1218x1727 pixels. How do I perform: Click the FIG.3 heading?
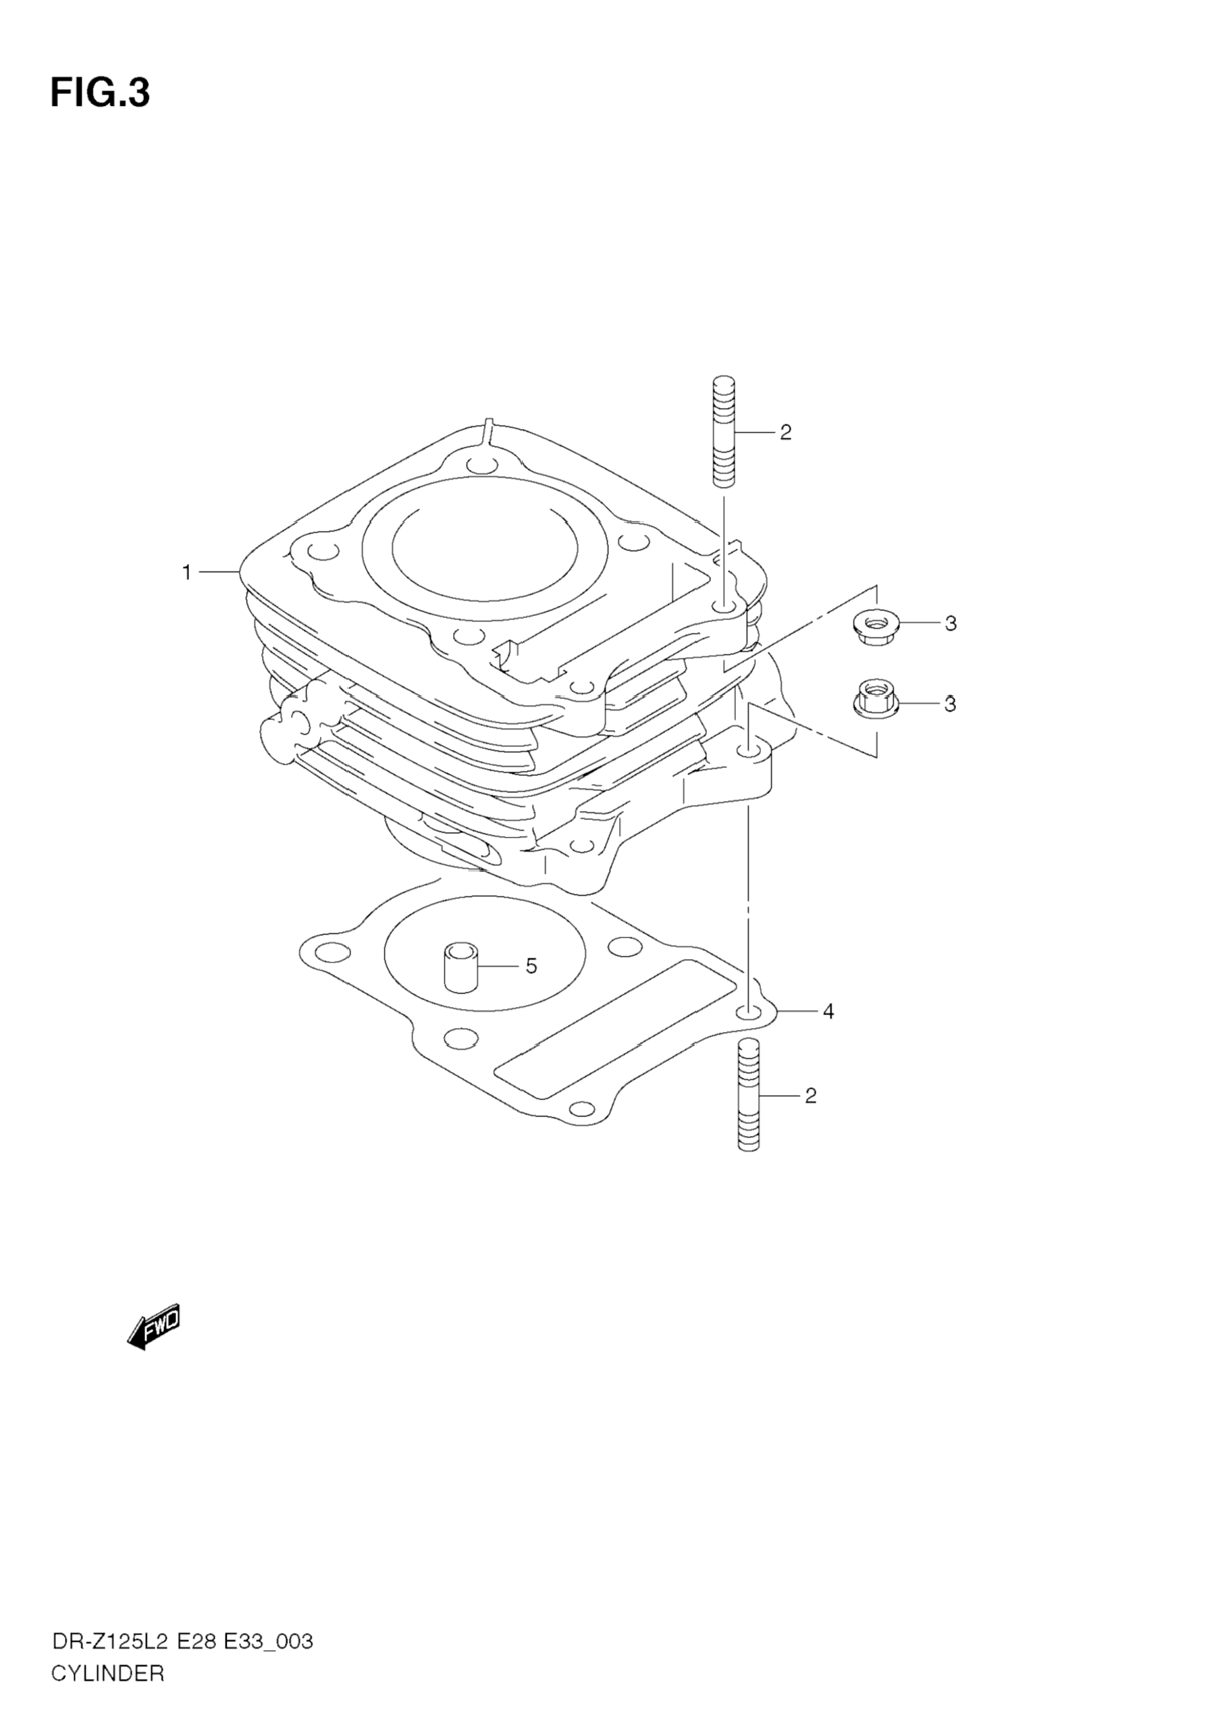(x=100, y=93)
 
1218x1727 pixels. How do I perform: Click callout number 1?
(x=186, y=573)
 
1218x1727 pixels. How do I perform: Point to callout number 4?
(x=828, y=1012)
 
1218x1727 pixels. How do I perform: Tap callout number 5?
(x=531, y=966)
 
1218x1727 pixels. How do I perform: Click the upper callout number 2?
(x=785, y=432)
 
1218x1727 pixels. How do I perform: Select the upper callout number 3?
(x=951, y=623)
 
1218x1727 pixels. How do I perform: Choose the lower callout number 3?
(x=949, y=704)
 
